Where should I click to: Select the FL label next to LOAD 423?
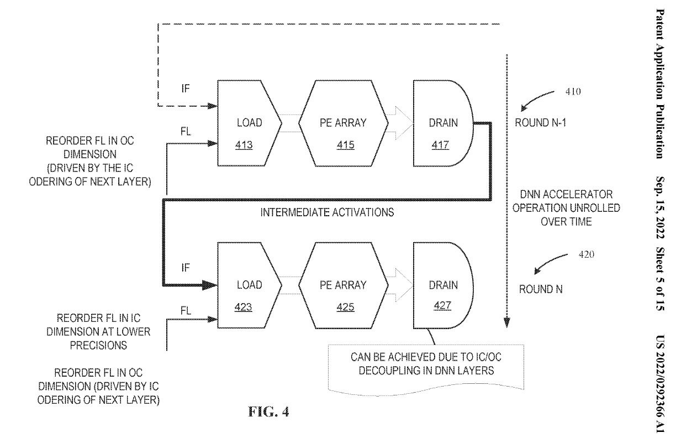186,311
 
